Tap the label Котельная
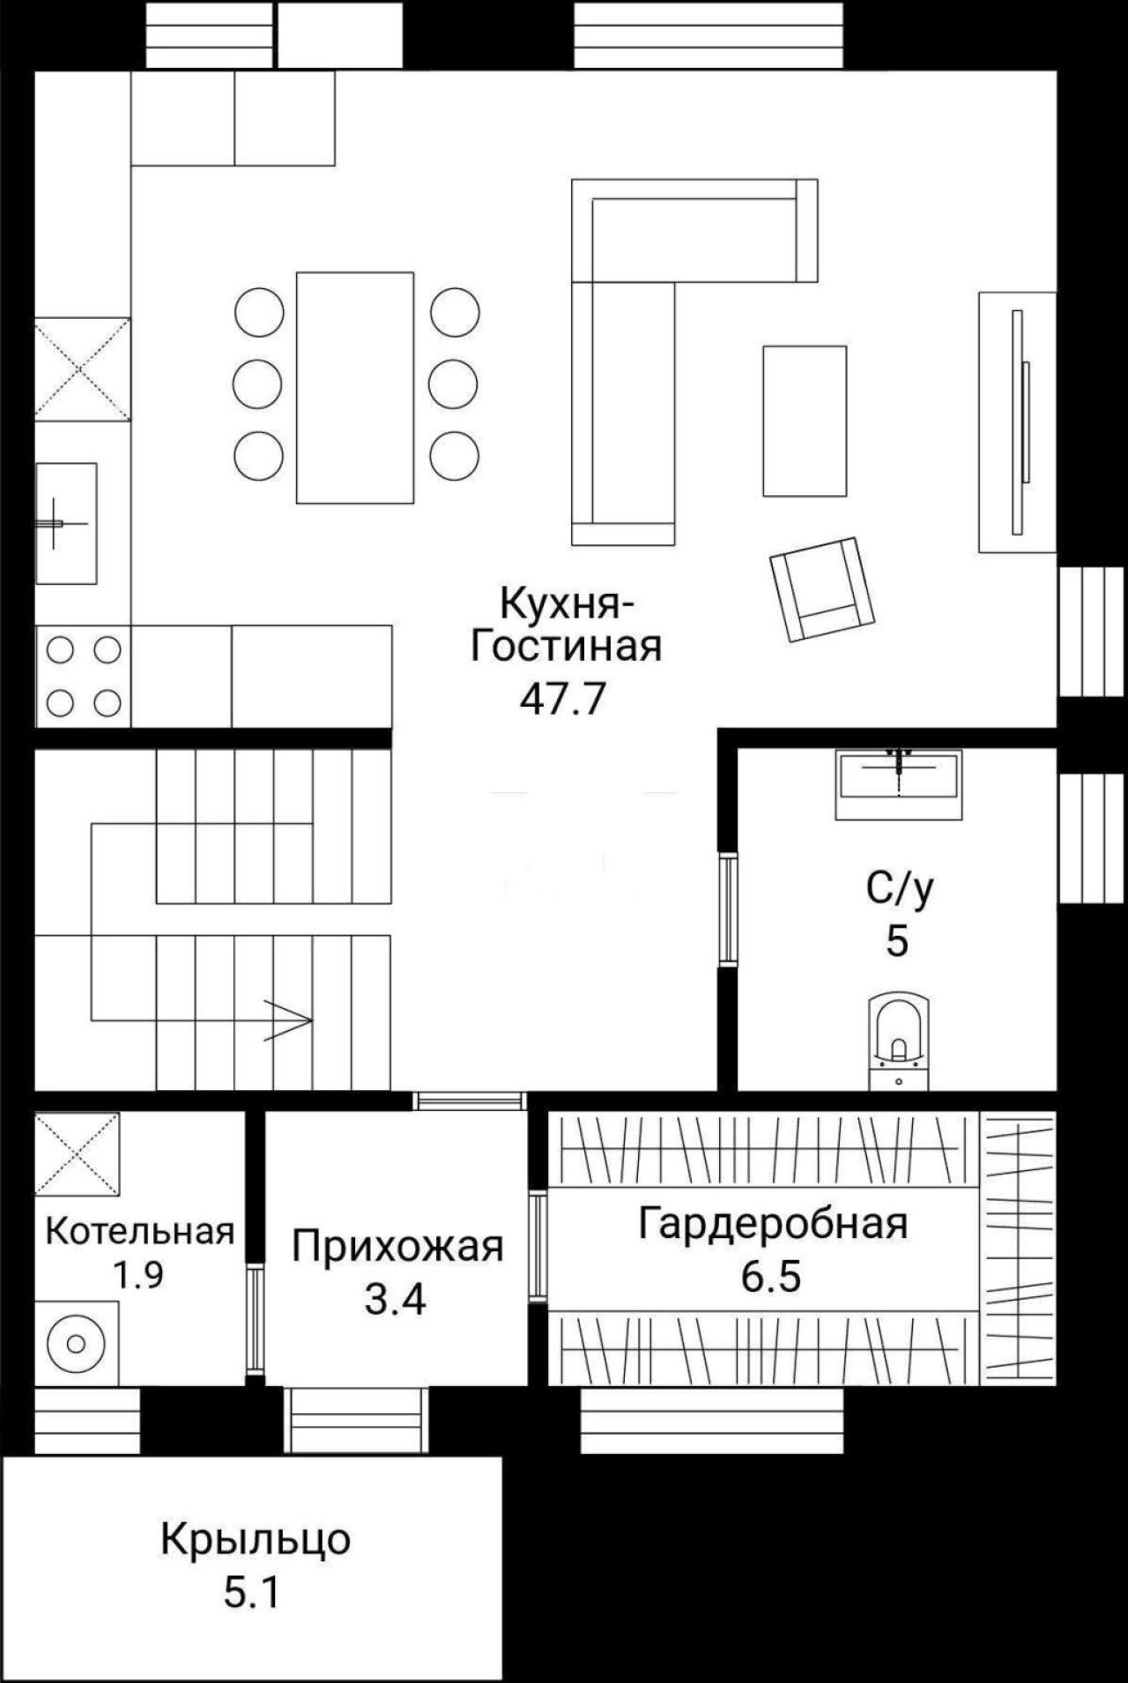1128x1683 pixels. coord(140,1231)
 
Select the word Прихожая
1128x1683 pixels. coord(397,1247)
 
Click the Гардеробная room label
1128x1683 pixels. coord(773,1223)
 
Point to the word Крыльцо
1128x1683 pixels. coord(256,1540)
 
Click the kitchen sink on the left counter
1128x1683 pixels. coord(66,523)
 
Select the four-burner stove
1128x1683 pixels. coord(83,677)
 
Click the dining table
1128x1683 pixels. coord(355,388)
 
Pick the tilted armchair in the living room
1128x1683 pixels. coord(821,589)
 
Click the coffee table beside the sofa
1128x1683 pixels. coord(805,421)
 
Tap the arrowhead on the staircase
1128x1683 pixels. coord(289,1020)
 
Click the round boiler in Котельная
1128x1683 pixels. coord(75,1344)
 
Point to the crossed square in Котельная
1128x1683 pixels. coord(78,1153)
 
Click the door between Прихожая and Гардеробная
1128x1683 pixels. coord(538,1243)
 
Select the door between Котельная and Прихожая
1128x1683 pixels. coord(255,1319)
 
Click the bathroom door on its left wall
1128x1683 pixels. coord(727,909)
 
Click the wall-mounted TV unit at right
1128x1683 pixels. coord(1017,422)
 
